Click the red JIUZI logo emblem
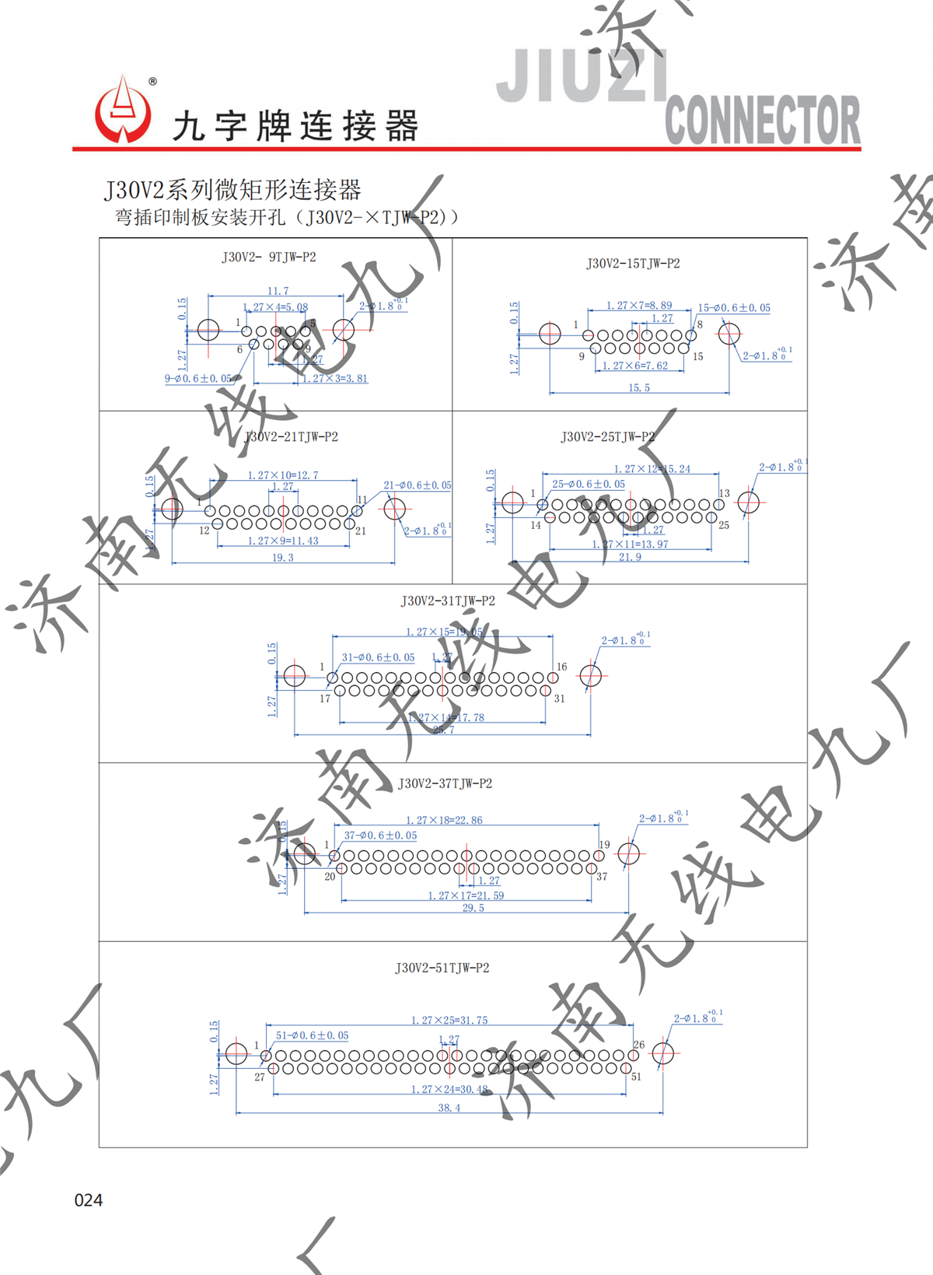pos(122,111)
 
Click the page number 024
pos(88,1200)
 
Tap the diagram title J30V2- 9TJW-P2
pos(269,257)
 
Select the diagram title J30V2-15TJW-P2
pos(633,264)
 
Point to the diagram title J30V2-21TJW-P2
pos(292,437)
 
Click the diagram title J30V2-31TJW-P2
pos(448,601)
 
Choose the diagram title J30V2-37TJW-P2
pos(445,784)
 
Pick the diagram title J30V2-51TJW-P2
pos(442,969)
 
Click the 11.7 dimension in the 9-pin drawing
pos(278,291)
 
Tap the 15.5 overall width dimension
pos(639,387)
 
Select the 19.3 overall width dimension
pos(283,558)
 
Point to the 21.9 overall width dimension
pos(630,557)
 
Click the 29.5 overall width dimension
pos(473,908)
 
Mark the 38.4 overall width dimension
pos(449,1108)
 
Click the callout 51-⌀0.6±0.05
pos(312,1035)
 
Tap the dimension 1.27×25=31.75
pos(449,1021)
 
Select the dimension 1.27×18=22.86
pos(444,821)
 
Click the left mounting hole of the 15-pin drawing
pos(550,334)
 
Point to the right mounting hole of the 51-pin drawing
pos(662,1054)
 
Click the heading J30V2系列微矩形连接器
pos(233,190)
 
